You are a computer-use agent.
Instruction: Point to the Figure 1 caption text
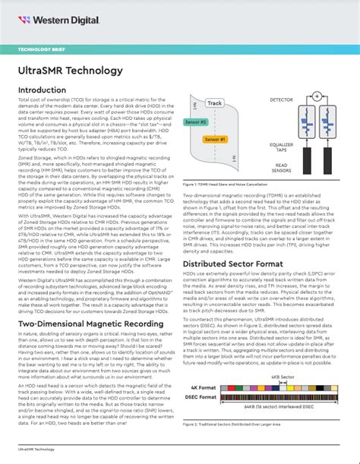point(232,184)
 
